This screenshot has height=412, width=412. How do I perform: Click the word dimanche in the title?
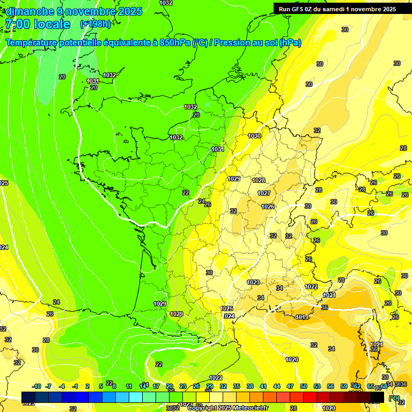(x=30, y=11)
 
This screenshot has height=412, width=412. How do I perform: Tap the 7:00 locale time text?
(x=37, y=24)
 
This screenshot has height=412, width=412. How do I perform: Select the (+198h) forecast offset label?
(x=95, y=24)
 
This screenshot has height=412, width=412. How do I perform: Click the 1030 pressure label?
(x=254, y=136)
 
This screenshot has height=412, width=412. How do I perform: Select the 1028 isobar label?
(x=259, y=181)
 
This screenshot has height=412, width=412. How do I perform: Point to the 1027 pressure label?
(x=263, y=193)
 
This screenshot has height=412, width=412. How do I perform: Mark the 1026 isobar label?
(x=268, y=207)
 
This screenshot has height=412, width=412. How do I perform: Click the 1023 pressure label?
(x=253, y=282)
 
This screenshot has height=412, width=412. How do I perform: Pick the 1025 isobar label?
(x=226, y=308)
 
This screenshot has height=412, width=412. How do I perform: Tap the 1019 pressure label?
(x=302, y=317)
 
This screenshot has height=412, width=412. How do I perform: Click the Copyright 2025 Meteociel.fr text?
(x=229, y=408)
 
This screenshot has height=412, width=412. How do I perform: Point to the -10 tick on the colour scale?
(x=36, y=386)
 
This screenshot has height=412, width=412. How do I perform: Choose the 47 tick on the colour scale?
(x=290, y=386)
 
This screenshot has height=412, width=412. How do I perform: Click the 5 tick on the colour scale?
(x=101, y=386)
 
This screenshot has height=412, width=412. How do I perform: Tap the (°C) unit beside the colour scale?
(x=394, y=398)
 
